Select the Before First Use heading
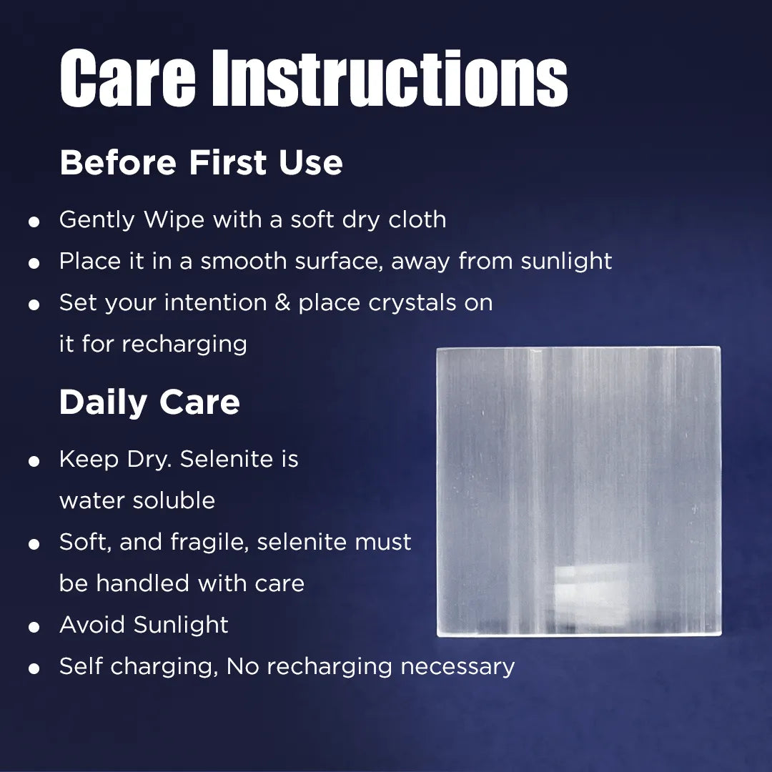pos(201,163)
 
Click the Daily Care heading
pos(149,402)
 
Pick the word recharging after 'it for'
pos(184,344)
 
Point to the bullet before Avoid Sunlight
pos(34,628)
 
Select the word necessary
pos(457,666)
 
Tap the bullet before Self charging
pos(34,669)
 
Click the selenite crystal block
pos(578,491)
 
